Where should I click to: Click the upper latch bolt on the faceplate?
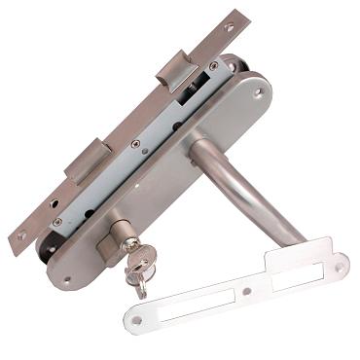click(175, 71)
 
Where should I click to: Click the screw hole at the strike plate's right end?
click(339, 265)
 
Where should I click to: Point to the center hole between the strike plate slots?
click(246, 291)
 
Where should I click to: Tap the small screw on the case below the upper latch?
click(213, 66)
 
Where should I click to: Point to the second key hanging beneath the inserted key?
click(138, 282)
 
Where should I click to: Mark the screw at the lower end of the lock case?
click(57, 222)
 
